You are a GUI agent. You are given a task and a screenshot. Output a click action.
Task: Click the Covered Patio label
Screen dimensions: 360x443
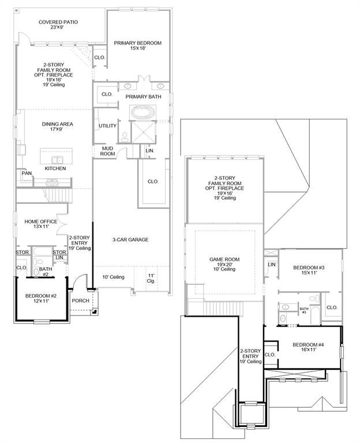click(x=58, y=25)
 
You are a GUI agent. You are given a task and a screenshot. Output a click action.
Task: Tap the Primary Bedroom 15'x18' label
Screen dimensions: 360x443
click(x=138, y=46)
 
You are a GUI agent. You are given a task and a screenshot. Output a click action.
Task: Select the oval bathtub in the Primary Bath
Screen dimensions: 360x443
click(x=142, y=112)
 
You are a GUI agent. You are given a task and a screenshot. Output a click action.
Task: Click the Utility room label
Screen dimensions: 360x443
click(x=107, y=126)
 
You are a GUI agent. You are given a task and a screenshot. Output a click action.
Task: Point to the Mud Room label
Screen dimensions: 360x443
click(x=107, y=151)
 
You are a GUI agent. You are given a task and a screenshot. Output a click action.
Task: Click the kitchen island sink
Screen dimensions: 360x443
click(x=57, y=160)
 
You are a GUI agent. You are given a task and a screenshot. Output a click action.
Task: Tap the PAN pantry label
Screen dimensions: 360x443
click(x=27, y=173)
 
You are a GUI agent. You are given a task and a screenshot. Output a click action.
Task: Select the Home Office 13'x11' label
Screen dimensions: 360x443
click(x=41, y=224)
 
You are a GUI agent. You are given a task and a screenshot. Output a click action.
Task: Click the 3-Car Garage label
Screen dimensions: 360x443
click(x=130, y=239)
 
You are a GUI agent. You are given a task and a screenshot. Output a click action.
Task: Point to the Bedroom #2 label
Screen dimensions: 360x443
click(x=41, y=298)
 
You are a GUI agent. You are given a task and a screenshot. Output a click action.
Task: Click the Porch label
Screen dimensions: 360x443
click(x=81, y=301)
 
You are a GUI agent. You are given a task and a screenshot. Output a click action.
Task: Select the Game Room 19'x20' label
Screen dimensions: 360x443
click(x=224, y=264)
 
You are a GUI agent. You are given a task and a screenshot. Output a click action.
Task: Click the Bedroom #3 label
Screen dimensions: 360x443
click(x=309, y=270)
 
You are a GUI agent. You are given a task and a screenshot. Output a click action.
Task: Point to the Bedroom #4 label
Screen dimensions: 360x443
click(x=308, y=347)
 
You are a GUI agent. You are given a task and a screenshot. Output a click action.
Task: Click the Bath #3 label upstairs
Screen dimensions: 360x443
click(x=304, y=310)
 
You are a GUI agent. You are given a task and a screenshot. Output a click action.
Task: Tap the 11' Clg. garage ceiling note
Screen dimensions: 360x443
click(x=151, y=278)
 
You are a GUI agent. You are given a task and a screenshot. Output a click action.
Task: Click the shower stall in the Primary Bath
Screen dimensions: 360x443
click(x=144, y=132)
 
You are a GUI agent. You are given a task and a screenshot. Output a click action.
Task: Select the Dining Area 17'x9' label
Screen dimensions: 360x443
click(x=57, y=126)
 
